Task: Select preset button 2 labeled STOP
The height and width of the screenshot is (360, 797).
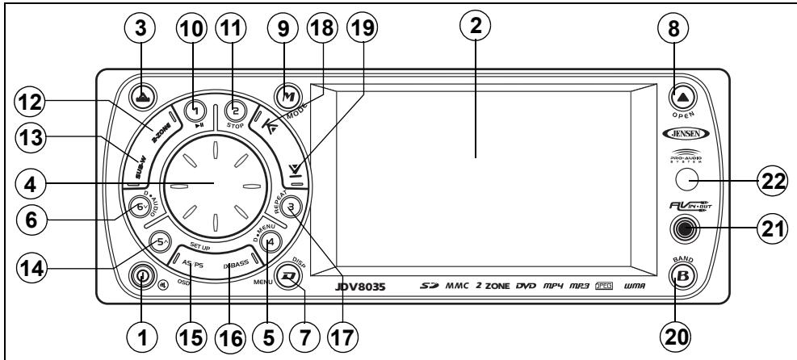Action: (x=237, y=110)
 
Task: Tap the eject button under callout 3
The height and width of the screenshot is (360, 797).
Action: (x=142, y=94)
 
